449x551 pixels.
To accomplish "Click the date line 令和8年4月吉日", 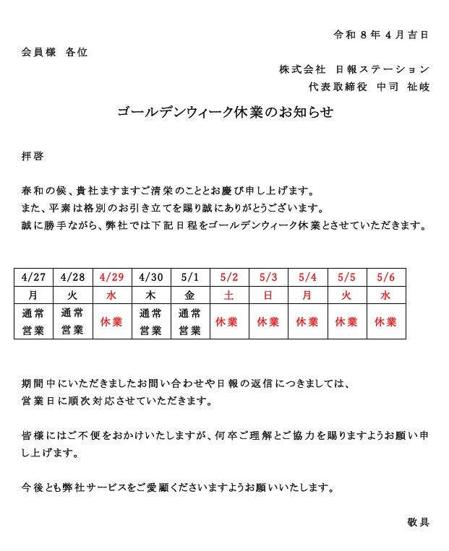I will point(381,34).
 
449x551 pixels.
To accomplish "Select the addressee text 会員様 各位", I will point(54,52).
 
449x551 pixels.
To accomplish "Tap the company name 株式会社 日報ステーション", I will point(354,69).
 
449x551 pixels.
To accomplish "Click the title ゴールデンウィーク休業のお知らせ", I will point(225,113).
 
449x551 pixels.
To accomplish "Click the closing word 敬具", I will point(418,521).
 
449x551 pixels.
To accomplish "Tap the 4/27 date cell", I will point(34,277).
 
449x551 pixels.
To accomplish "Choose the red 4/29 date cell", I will point(112,277).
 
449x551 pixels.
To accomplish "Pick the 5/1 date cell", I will point(190,277).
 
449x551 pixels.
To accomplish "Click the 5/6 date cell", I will point(386,277).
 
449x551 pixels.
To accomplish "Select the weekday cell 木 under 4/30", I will point(151,295).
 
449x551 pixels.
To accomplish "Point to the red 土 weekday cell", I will point(229,295).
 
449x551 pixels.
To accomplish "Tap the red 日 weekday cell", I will point(268,295).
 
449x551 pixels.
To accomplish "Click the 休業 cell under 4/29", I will point(112,321).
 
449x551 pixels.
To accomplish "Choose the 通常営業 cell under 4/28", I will point(73,321).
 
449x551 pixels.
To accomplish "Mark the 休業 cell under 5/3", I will point(268,321).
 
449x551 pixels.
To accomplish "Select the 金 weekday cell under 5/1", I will point(190,295).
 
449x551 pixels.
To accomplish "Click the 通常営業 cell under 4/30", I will point(151,321).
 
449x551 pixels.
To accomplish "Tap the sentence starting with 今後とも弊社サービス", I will point(178,487).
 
